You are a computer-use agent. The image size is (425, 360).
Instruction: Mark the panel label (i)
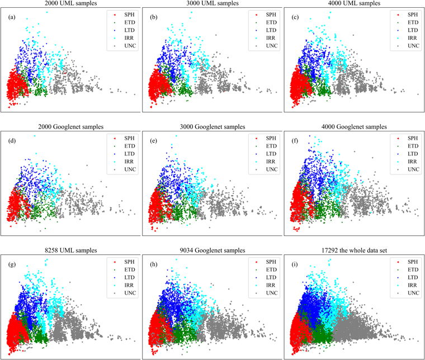point(295,264)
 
